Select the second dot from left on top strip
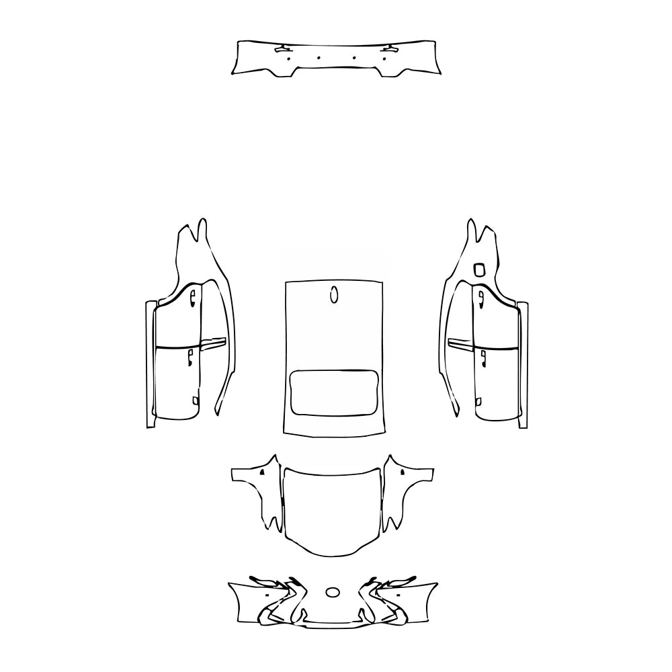click(319, 58)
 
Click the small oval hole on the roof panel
click(334, 294)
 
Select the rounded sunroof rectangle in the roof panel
click(333, 392)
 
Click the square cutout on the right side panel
click(479, 269)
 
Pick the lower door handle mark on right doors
click(483, 355)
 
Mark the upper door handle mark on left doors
click(192, 296)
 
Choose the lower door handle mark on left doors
click(191, 356)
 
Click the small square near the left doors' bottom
click(195, 401)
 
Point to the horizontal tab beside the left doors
click(214, 344)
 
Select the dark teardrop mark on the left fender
click(259, 473)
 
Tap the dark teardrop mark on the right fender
click(403, 473)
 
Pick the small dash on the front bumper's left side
click(267, 595)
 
